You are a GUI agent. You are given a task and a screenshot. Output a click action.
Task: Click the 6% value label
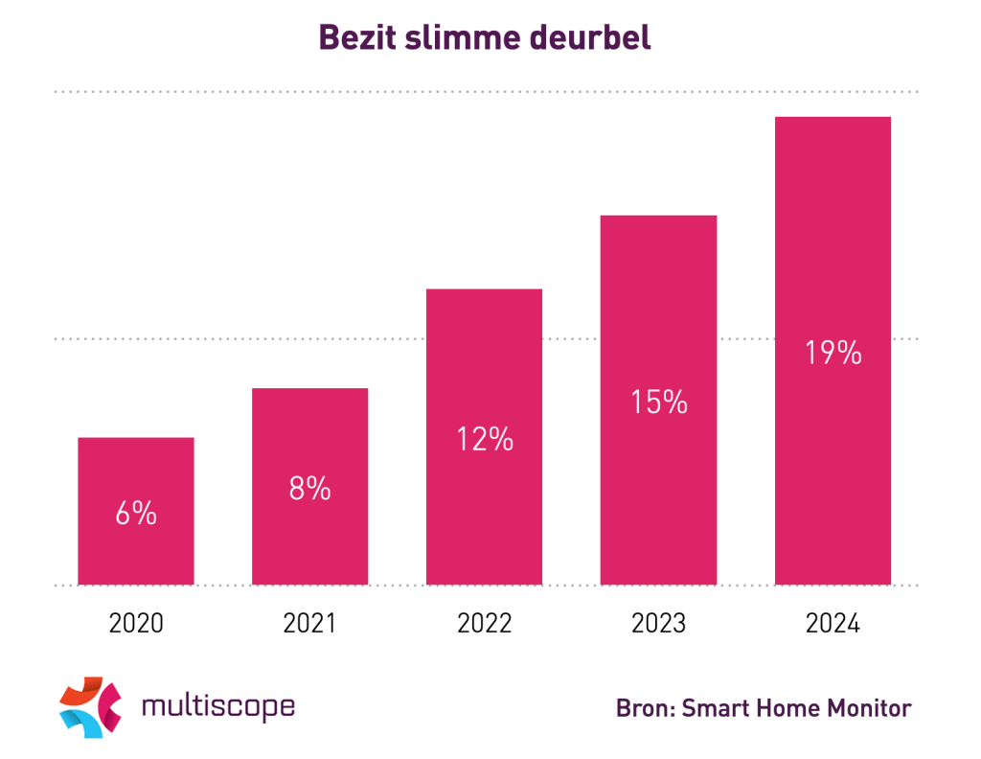click(x=136, y=514)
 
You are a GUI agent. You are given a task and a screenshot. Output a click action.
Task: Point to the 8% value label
click(x=310, y=489)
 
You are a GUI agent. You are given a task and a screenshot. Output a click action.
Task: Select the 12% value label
click(x=484, y=439)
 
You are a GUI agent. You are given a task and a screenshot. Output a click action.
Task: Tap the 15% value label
click(x=658, y=402)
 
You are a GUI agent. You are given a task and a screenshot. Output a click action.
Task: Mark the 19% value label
click(x=833, y=353)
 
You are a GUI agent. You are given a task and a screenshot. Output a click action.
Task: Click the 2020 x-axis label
click(x=136, y=624)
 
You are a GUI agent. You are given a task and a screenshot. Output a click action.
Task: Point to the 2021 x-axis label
click(x=310, y=624)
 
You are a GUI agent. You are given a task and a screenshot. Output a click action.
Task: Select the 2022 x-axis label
click(x=485, y=624)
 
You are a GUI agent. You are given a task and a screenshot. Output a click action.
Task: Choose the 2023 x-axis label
click(x=659, y=624)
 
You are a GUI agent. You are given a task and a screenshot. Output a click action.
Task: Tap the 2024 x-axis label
click(x=833, y=624)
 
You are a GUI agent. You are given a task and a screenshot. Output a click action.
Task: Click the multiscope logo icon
click(x=91, y=707)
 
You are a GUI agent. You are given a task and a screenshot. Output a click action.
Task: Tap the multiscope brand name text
click(x=217, y=707)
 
